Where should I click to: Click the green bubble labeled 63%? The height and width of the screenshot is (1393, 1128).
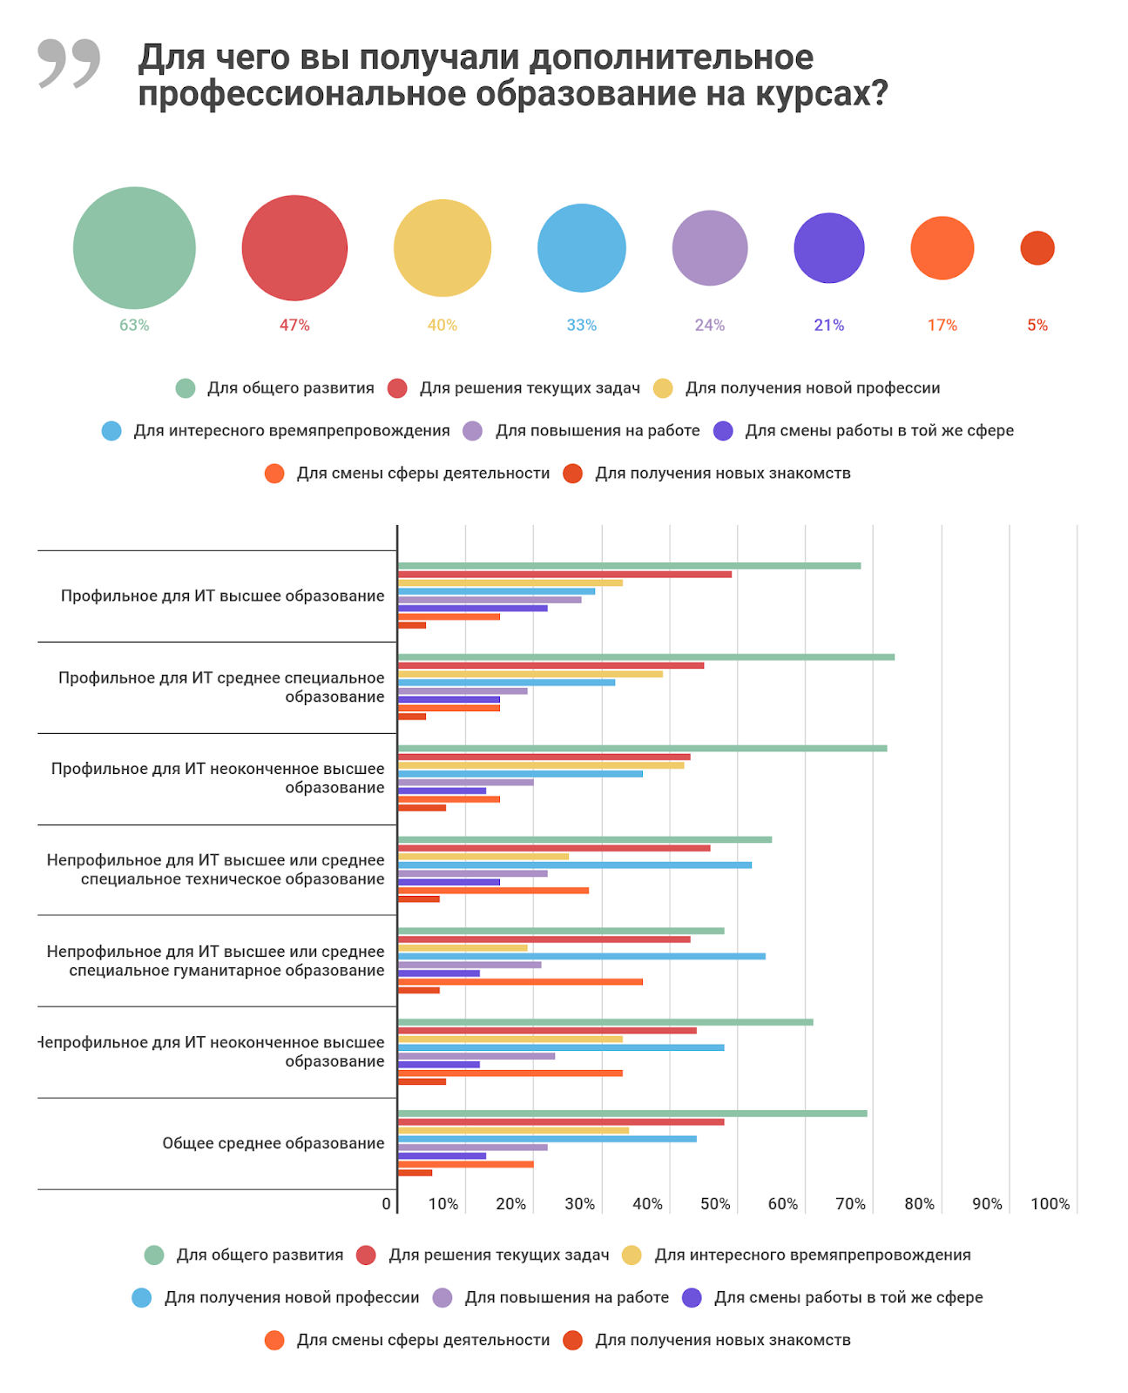point(134,248)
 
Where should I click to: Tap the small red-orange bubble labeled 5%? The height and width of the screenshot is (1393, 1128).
point(1037,248)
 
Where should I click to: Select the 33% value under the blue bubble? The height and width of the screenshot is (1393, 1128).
point(581,326)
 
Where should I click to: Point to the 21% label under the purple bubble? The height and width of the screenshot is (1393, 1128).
point(828,326)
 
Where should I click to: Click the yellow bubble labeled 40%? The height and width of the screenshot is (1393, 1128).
point(442,248)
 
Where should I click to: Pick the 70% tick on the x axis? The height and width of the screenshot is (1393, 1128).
point(850,1204)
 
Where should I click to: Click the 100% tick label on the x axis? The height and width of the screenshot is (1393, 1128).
point(1050,1204)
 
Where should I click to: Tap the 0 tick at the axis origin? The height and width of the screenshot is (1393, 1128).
point(386,1204)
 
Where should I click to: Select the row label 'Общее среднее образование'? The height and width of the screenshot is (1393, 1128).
point(273,1143)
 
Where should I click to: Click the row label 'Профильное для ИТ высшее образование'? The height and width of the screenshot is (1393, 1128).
point(222,596)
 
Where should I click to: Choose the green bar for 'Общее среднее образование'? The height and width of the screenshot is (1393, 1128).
point(632,1114)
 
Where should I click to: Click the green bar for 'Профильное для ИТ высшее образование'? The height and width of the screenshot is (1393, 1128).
point(629,566)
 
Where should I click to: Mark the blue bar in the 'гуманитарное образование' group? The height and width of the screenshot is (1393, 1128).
point(582,956)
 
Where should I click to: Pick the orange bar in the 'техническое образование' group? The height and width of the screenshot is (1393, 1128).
point(493,891)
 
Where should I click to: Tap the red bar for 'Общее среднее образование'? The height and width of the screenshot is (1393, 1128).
point(561,1122)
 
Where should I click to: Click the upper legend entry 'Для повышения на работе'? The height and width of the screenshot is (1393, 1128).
point(598,431)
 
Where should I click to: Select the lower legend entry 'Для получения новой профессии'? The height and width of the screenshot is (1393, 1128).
point(292,1298)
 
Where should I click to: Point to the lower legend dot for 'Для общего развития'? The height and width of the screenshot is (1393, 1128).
point(154,1255)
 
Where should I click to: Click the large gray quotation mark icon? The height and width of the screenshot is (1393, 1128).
point(69,63)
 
